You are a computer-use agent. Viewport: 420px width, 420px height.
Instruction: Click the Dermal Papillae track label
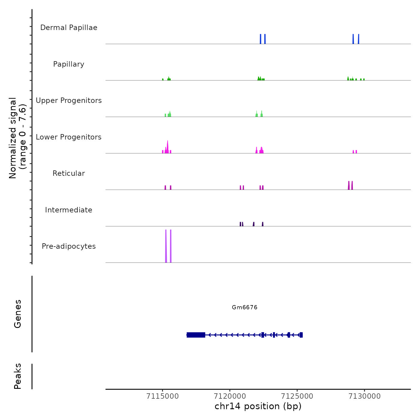tap(69, 28)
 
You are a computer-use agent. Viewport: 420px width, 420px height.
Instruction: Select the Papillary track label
tap(69, 64)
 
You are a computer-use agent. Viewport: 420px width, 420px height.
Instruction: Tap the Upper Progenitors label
tap(69, 100)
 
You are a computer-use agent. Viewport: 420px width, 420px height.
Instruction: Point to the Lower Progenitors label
tap(69, 137)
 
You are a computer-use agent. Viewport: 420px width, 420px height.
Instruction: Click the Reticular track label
tap(69, 173)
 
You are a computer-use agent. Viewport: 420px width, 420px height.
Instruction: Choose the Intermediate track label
tap(69, 210)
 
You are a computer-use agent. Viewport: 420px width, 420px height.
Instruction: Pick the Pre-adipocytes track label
tap(69, 246)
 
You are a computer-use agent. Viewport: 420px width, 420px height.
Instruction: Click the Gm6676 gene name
tap(244, 307)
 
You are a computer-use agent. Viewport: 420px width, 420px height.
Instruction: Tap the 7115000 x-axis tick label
tap(163, 396)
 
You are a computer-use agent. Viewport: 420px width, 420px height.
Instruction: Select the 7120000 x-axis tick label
tap(230, 396)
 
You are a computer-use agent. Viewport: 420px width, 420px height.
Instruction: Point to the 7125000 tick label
tap(297, 396)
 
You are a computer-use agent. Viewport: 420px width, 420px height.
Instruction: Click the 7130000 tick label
tap(364, 396)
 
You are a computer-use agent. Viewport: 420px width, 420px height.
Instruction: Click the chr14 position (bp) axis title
tap(258, 406)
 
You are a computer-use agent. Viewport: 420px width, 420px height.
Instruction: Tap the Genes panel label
tap(18, 314)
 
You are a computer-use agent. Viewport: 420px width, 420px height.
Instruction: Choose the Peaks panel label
tap(18, 376)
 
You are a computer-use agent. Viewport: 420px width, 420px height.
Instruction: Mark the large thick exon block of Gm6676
tap(196, 335)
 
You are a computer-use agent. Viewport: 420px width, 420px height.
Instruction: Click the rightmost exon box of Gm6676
tap(301, 335)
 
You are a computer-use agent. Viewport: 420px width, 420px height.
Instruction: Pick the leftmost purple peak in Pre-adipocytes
tap(166, 246)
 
